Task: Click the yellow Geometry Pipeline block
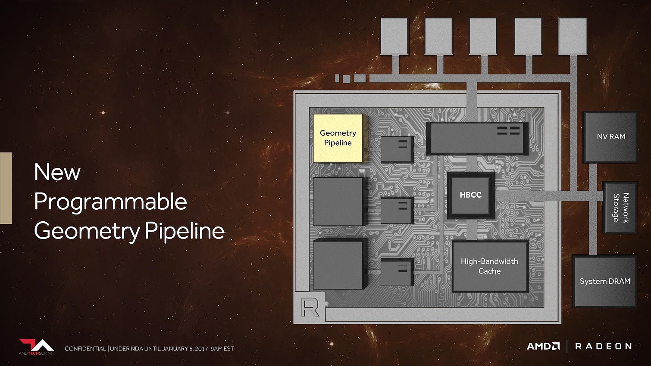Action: [x=338, y=138]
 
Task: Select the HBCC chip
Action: [x=471, y=195]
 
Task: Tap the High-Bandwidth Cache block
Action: [x=490, y=266]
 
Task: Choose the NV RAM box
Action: [x=610, y=137]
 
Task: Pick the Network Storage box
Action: [x=620, y=208]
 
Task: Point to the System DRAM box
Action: [x=604, y=281]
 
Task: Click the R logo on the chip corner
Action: [x=310, y=307]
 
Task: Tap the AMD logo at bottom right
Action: [x=543, y=346]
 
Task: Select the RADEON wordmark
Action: [x=603, y=346]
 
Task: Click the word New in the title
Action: [x=57, y=172]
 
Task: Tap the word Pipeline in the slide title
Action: [x=184, y=231]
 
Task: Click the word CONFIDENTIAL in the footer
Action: [x=85, y=349]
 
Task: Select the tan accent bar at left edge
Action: [x=6, y=188]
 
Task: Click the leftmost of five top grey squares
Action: [x=394, y=37]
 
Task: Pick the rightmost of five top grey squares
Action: [x=573, y=37]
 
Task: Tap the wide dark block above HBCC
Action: [x=477, y=138]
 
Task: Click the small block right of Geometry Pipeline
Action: [x=397, y=149]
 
